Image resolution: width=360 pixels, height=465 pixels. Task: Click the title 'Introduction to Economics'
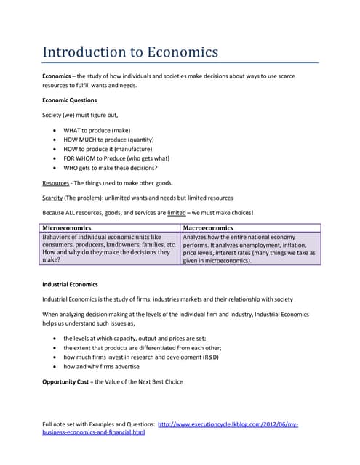[x=130, y=52]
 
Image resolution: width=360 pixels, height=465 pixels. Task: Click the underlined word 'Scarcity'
[x=52, y=198]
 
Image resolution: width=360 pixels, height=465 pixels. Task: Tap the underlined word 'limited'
[x=177, y=212]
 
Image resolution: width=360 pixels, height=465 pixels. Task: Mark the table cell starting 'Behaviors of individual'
[x=109, y=248]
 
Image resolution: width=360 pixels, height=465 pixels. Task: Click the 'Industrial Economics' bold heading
[x=70, y=284]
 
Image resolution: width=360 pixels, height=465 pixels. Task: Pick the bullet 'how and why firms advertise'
[x=101, y=366]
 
